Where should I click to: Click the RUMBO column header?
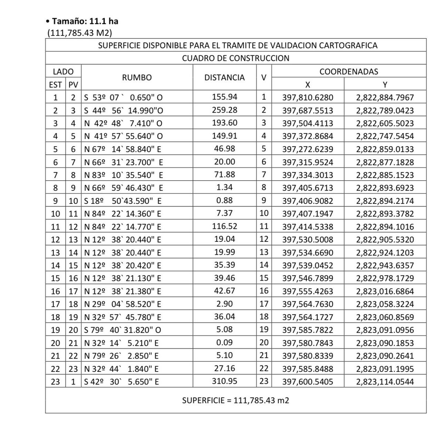[137, 78]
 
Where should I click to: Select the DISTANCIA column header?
[224, 78]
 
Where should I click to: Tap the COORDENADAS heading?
[348, 72]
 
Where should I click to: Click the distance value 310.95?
[224, 381]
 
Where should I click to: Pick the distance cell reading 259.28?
[224, 110]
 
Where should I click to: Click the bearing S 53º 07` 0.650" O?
[124, 97]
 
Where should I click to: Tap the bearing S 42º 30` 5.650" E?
[122, 381]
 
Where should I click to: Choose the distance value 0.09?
[224, 343]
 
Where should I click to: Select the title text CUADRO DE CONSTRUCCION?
[236, 58]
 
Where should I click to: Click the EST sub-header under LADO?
[55, 85]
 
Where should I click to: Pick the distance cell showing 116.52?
[224, 226]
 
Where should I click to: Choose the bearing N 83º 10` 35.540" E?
[124, 175]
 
